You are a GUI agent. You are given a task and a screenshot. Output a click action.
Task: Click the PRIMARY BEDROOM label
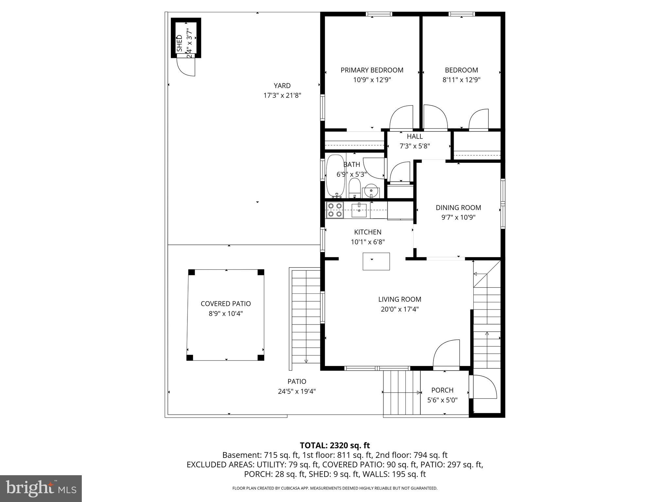[372, 70]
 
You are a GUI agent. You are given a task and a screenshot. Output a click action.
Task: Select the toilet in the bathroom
[354, 188]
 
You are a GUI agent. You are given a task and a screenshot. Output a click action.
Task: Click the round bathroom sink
[371, 190]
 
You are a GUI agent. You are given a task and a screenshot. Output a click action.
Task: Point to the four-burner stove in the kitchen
[335, 210]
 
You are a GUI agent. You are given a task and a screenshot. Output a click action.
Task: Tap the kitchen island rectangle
[376, 261]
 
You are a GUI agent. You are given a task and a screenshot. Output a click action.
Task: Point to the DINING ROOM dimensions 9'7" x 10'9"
[458, 217]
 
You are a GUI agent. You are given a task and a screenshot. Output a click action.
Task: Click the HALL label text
[415, 136]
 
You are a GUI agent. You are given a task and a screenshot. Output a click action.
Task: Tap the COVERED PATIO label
[226, 304]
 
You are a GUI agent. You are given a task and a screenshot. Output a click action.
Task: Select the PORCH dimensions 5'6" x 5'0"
[442, 400]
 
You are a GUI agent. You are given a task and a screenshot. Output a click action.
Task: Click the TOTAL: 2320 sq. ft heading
[335, 445]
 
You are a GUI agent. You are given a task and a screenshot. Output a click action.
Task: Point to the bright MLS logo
[41, 488]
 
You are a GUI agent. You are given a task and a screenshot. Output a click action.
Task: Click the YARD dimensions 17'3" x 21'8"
[282, 95]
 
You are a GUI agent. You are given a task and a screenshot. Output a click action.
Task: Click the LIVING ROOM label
[400, 299]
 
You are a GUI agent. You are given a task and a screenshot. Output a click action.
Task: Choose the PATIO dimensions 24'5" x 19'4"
[297, 391]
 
